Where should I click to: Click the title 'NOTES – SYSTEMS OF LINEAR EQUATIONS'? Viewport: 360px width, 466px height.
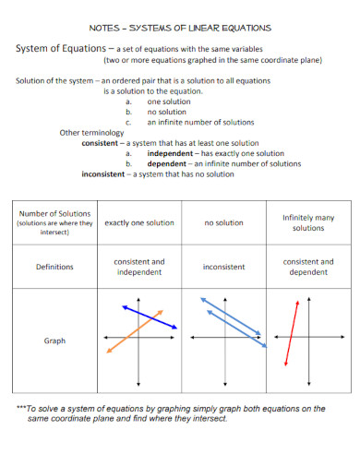(180, 28)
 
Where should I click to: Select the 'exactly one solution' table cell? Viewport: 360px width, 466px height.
(138, 222)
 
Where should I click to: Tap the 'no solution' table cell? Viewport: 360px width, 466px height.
(223, 222)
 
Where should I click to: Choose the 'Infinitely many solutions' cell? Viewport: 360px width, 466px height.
(307, 222)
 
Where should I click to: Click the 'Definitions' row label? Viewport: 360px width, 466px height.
(54, 267)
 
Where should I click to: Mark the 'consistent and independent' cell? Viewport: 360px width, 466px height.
(138, 267)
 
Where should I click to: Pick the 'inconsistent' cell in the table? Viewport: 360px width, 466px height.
(223, 267)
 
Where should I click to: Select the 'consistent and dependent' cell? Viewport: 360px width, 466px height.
(307, 267)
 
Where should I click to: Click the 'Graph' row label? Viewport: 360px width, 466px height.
(54, 341)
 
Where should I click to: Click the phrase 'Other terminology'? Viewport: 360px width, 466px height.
(91, 133)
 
